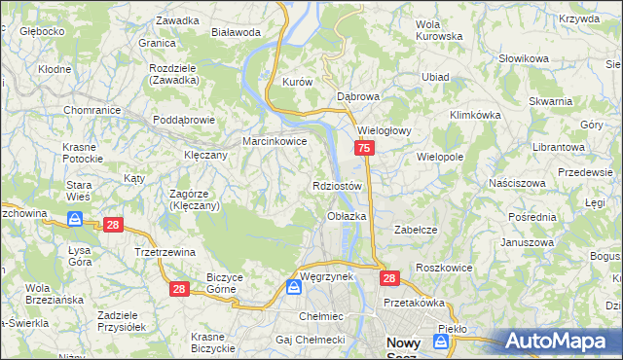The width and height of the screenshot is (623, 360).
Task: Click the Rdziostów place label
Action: (338, 186)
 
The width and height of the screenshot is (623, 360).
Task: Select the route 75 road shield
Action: (363, 148)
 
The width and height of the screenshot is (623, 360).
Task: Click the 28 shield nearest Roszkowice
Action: (389, 278)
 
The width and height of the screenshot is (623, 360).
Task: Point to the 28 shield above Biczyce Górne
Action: (178, 289)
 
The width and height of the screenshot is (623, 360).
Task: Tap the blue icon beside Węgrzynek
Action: (293, 288)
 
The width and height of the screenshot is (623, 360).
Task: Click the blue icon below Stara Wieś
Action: (76, 222)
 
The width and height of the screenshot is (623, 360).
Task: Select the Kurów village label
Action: (296, 83)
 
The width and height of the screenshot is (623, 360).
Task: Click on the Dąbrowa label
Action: (357, 97)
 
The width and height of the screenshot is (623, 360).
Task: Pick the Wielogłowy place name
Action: (385, 129)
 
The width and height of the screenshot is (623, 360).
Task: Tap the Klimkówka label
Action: (475, 115)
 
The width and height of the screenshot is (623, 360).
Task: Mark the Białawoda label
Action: (236, 32)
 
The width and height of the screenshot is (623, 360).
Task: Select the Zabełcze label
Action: (413, 230)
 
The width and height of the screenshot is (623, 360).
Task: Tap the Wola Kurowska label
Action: (438, 30)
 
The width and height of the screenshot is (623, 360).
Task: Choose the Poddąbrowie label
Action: (184, 121)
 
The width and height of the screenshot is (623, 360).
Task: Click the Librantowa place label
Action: (558, 146)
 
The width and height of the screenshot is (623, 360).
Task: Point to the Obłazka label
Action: (347, 216)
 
